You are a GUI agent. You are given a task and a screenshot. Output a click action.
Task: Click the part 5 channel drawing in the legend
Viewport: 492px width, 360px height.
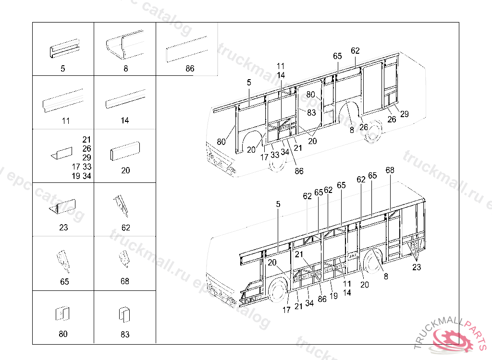click(64, 48)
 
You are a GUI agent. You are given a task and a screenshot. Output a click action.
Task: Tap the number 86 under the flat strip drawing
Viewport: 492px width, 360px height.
click(190, 69)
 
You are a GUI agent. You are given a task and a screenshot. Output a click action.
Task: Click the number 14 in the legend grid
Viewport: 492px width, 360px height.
click(125, 120)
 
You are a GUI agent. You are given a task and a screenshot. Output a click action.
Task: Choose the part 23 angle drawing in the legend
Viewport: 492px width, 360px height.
click(62, 207)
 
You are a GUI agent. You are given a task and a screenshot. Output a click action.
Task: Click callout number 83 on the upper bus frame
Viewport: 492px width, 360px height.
click(311, 113)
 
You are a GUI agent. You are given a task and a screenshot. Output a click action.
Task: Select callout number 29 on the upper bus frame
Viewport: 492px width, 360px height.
click(404, 114)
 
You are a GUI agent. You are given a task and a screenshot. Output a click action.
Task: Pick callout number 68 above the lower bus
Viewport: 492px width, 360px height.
click(390, 170)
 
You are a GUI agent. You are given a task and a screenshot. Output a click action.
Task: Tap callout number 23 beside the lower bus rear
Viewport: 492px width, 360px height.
click(416, 267)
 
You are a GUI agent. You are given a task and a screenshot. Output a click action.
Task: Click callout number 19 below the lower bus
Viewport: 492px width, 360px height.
click(333, 296)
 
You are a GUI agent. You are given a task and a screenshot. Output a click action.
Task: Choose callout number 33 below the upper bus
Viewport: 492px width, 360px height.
click(275, 155)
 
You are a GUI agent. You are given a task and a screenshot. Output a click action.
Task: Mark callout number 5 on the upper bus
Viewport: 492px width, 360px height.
click(249, 83)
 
